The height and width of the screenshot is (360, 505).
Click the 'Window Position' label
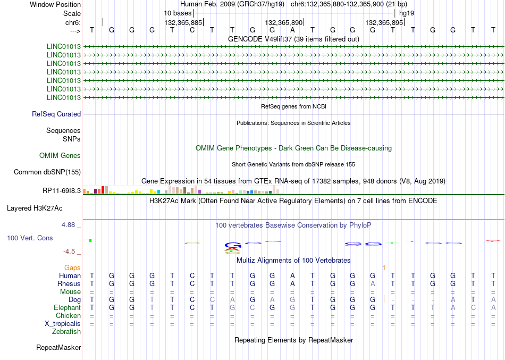(55, 4)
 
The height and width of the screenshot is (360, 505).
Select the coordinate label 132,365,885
(183, 22)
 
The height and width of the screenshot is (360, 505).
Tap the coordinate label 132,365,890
(284, 22)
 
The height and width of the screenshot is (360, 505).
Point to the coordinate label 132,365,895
(384, 22)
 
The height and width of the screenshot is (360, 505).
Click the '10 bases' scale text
(178, 13)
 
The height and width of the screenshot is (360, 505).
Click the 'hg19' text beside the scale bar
(407, 13)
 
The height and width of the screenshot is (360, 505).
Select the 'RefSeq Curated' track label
(56, 114)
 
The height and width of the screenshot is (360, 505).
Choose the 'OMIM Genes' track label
(60, 156)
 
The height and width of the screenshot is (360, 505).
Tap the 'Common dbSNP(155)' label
(47, 172)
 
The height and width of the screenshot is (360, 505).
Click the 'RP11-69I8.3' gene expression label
(62, 191)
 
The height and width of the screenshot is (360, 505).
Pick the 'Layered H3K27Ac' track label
(35, 208)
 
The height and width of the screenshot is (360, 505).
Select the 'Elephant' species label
(67, 308)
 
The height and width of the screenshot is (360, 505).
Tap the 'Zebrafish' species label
(66, 332)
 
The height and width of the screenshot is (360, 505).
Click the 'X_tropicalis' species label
(63, 324)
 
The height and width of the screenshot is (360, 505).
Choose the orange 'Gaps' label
(72, 268)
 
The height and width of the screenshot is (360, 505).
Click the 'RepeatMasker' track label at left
(58, 347)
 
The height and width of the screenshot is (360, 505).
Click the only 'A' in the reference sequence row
(292, 30)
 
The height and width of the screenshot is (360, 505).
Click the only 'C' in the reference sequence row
(192, 30)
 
